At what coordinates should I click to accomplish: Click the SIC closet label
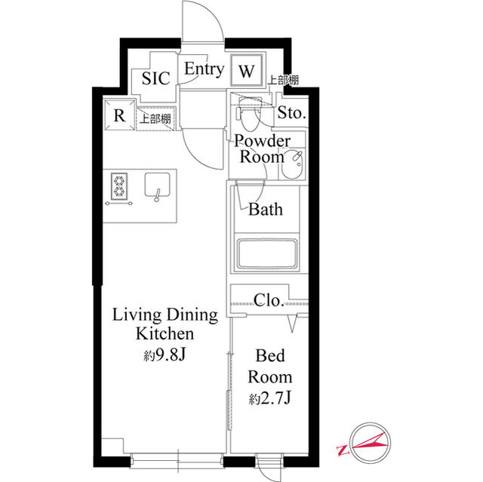point(156,78)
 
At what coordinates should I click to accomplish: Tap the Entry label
point(205,69)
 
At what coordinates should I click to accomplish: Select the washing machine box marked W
point(247,71)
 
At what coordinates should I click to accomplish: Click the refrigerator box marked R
point(119,115)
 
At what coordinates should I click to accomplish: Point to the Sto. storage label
point(291,112)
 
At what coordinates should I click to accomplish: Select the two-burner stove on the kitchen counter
point(119,186)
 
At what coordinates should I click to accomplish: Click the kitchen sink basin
point(158,185)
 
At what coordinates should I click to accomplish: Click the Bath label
point(266,209)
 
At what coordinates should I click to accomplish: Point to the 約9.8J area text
point(165,355)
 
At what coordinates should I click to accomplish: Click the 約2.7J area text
point(270,398)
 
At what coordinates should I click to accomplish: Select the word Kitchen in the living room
point(165,333)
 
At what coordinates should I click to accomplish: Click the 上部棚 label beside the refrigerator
point(155,118)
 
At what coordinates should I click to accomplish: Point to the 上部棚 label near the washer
point(283,80)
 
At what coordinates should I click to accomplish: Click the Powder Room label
point(262,149)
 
